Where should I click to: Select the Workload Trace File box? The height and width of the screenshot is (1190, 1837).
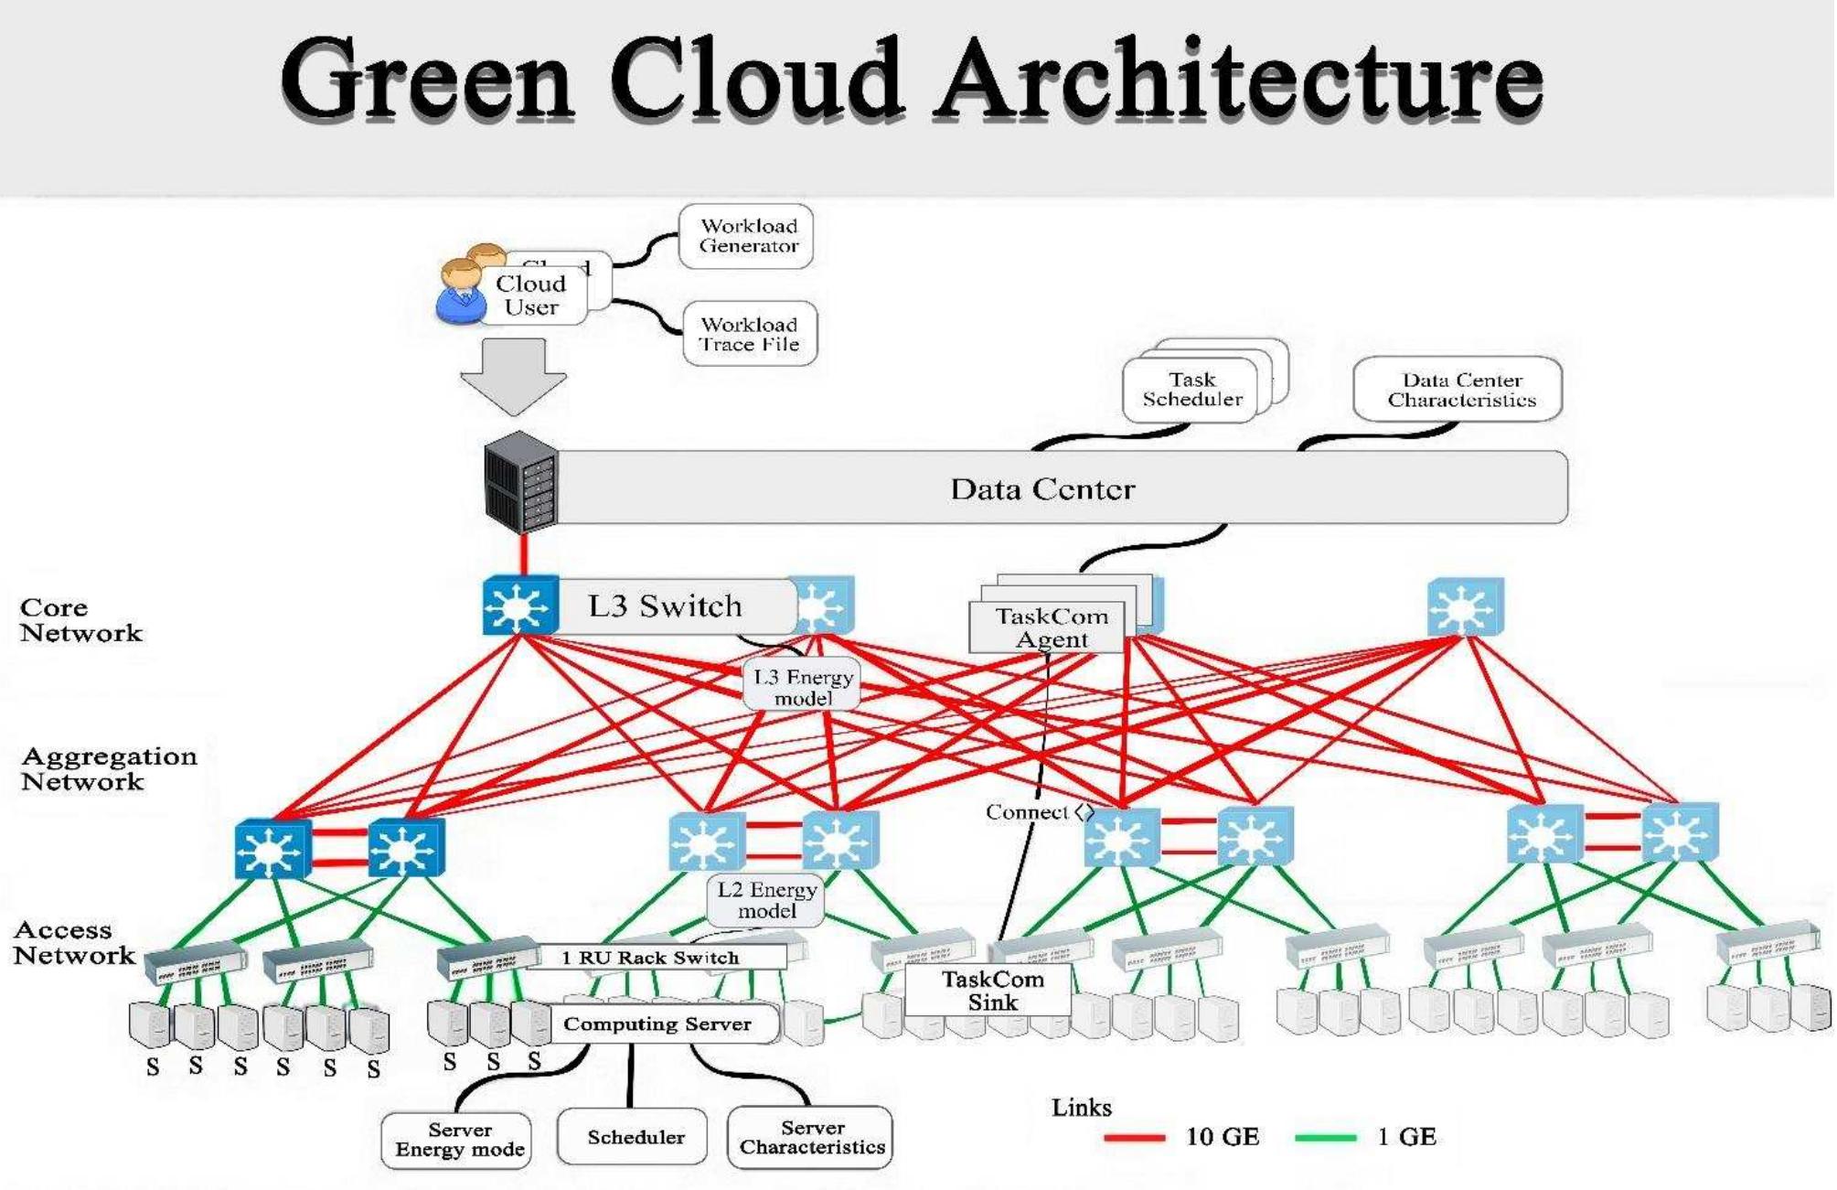pyautogui.click(x=750, y=334)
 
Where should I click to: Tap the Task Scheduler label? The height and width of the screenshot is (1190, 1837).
pyautogui.click(x=1191, y=390)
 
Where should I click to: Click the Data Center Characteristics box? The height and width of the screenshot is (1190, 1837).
pyautogui.click(x=1459, y=390)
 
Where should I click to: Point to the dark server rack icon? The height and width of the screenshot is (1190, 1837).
pyautogui.click(x=520, y=482)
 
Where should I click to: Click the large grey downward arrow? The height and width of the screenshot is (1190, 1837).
pyautogui.click(x=513, y=374)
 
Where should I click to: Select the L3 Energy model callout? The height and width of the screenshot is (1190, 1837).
pyautogui.click(x=802, y=687)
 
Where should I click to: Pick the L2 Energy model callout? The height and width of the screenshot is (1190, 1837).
pyautogui.click(x=766, y=900)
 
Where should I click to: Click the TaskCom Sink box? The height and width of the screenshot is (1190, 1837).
pyautogui.click(x=991, y=991)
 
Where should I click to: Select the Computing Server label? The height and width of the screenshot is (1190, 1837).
pyautogui.click(x=657, y=1024)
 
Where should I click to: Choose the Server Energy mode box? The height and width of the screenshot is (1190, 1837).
pyautogui.click(x=458, y=1140)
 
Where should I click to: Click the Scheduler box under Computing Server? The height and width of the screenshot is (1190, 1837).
pyautogui.click(x=634, y=1137)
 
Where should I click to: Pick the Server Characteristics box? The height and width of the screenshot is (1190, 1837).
pyautogui.click(x=811, y=1137)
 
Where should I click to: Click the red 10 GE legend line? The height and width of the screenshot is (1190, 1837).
pyautogui.click(x=1135, y=1138)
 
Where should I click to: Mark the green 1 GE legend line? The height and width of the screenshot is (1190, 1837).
pyautogui.click(x=1325, y=1138)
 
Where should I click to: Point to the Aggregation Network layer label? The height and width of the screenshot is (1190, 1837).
pyautogui.click(x=108, y=768)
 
